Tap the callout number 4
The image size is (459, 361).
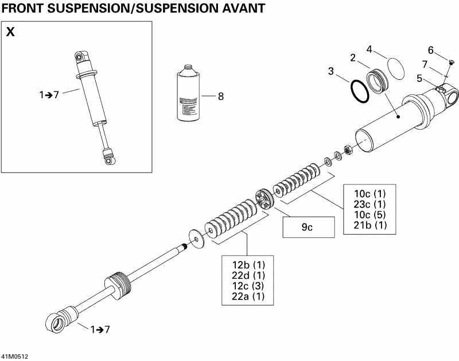point(370,49)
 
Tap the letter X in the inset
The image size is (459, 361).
point(10,32)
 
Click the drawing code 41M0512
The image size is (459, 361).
point(14,356)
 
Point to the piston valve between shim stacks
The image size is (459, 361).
point(266,198)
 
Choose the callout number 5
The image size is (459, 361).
point(419,78)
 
